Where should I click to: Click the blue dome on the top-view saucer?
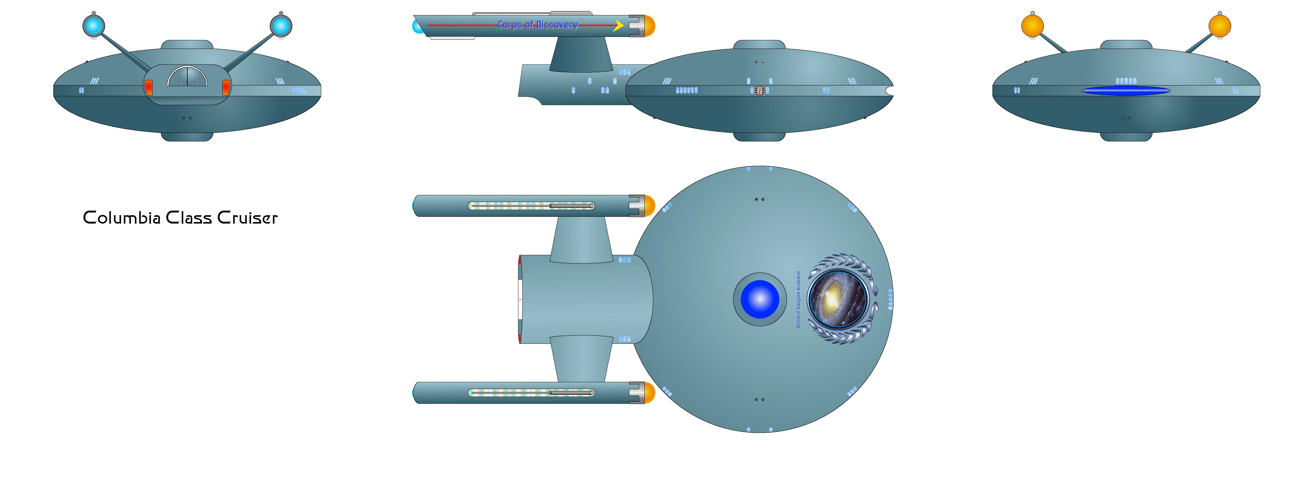(760, 299)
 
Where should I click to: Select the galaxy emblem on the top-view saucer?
(838, 299)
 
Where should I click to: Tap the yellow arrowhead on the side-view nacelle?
(618, 25)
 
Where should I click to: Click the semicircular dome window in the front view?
(187, 77)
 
